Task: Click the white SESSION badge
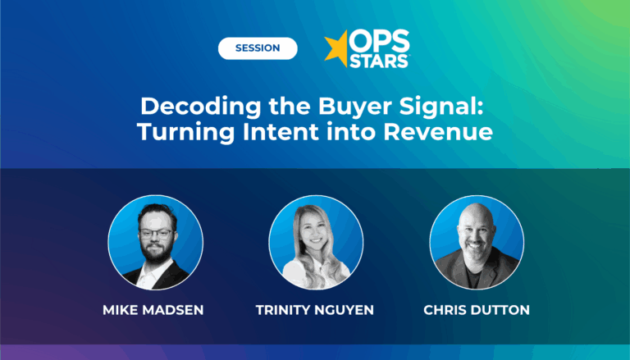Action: coord(257,48)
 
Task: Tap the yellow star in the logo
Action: coord(337,48)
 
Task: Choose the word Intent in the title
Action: coord(282,131)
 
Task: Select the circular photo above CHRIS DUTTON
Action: coord(477,244)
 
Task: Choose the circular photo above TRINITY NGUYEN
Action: coord(316,244)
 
